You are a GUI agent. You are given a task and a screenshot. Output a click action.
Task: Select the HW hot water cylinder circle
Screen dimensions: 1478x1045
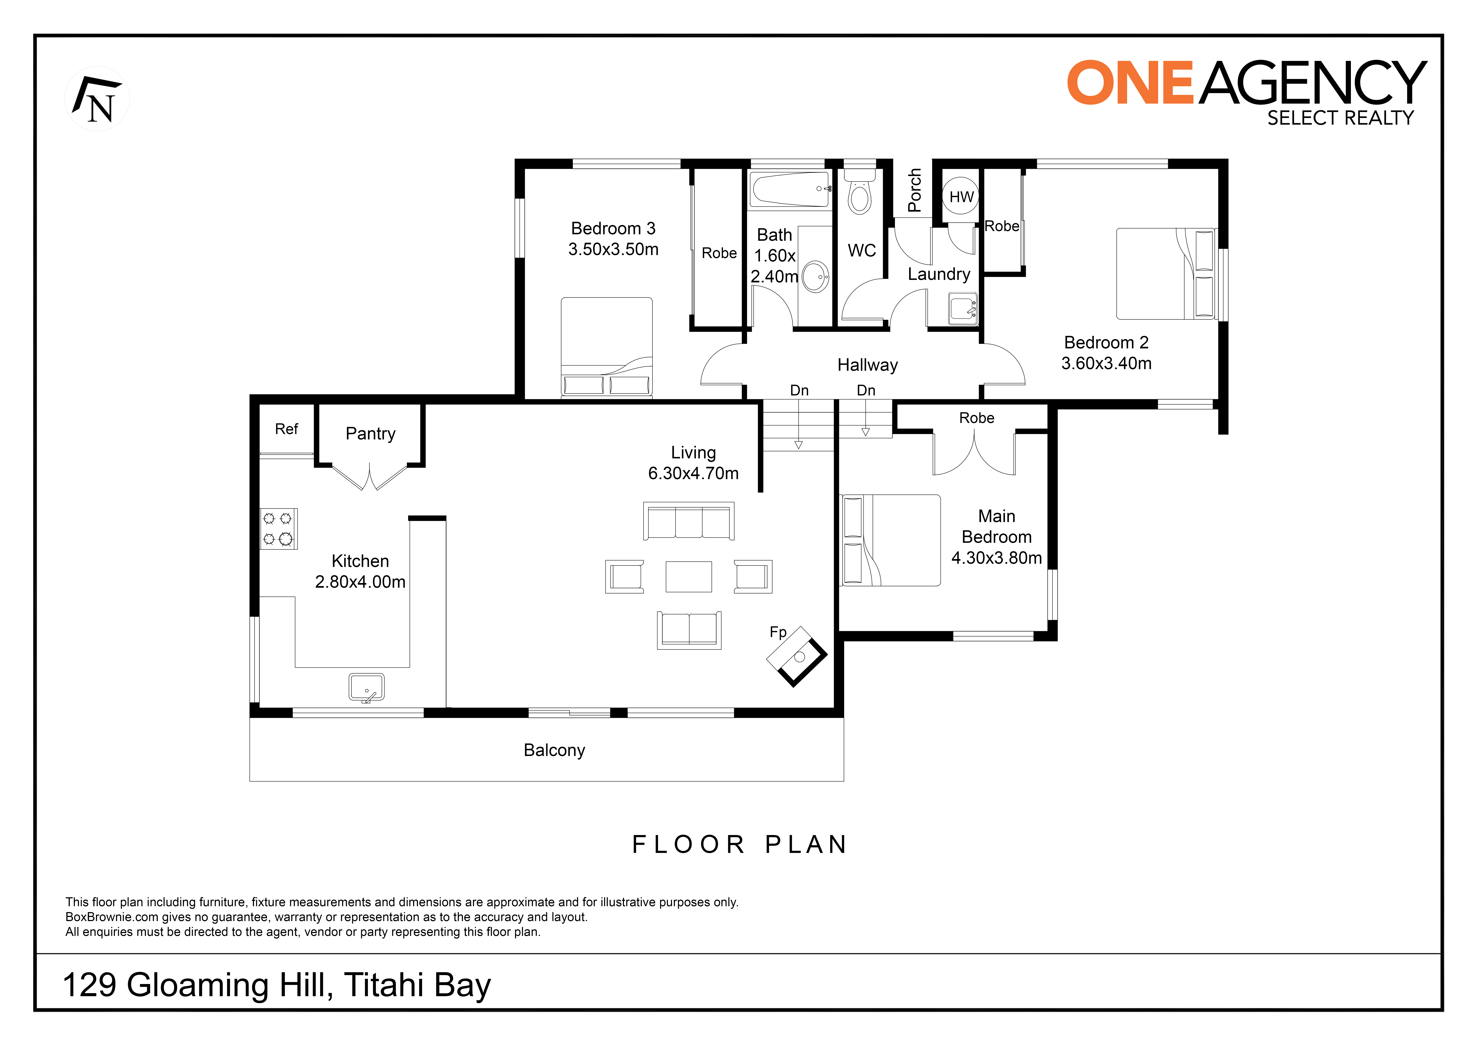(961, 196)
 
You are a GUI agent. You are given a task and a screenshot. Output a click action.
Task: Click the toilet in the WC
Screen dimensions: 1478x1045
(859, 191)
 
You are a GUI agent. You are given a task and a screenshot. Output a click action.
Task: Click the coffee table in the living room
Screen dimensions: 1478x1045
(689, 576)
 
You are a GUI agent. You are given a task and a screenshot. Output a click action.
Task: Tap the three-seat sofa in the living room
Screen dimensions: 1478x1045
(689, 521)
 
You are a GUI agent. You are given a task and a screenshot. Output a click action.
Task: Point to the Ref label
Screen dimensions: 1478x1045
(287, 429)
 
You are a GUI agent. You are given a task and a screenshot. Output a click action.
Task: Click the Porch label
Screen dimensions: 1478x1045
(914, 191)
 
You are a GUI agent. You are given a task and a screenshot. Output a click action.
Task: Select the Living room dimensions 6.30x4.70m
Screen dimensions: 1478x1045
(693, 473)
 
